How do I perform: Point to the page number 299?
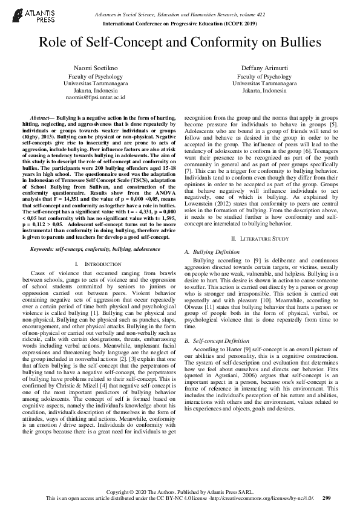pos(327,498)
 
